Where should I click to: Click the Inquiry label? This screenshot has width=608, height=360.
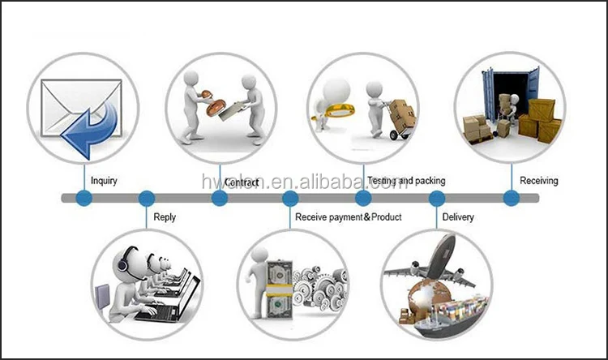(x=104, y=181)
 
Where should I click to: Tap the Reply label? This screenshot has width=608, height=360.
(x=165, y=217)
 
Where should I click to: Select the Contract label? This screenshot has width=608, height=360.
(x=242, y=182)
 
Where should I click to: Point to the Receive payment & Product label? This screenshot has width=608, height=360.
(x=348, y=217)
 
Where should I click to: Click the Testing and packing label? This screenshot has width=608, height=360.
(x=406, y=181)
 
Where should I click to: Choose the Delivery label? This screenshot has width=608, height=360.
(x=458, y=217)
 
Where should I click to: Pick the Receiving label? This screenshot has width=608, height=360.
(x=538, y=181)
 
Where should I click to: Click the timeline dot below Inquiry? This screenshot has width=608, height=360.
(x=83, y=198)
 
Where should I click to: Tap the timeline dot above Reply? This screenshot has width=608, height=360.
(x=146, y=198)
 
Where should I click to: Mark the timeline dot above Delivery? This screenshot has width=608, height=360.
(x=437, y=198)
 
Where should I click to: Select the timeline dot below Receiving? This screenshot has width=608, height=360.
(x=511, y=198)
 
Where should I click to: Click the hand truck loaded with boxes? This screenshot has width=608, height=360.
(x=396, y=118)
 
